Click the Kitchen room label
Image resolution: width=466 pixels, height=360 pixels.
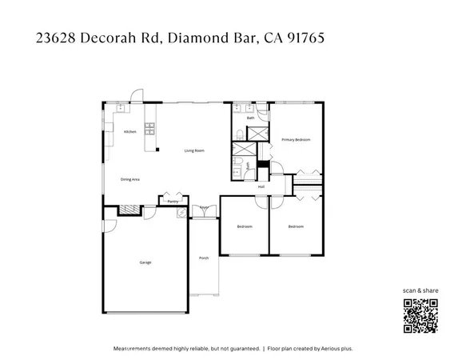[130, 131]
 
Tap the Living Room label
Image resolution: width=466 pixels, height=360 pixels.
[194, 150]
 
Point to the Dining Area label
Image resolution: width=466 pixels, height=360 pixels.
[130, 179]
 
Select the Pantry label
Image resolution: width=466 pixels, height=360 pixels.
[173, 202]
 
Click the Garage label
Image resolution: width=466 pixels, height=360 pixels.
[145, 262]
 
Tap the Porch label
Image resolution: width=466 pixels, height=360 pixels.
[204, 258]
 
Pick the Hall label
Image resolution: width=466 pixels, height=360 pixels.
[261, 186]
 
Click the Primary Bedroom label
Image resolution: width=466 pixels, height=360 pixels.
[295, 140]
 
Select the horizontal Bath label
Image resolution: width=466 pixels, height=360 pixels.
[250, 118]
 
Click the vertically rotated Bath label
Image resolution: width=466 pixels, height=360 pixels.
[248, 166]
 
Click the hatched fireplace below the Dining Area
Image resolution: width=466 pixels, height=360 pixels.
[127, 210]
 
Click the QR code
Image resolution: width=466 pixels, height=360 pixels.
[420, 315]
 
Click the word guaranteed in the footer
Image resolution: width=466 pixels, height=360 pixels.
[243, 349]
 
